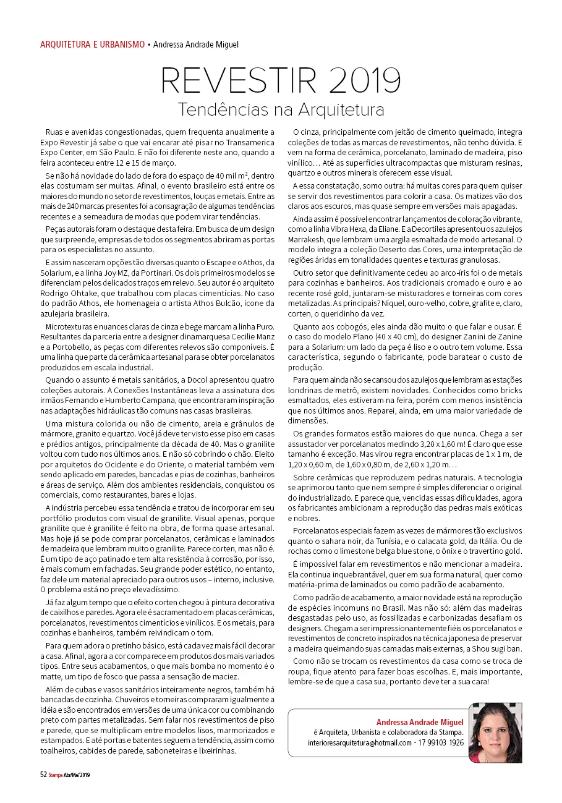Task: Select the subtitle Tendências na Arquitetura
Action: pyautogui.click(x=281, y=110)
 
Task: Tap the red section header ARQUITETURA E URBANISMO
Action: pyautogui.click(x=92, y=45)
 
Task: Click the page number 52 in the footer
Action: pyautogui.click(x=43, y=773)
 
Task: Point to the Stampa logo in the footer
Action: pyautogui.click(x=57, y=773)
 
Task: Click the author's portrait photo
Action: pyautogui.click(x=495, y=733)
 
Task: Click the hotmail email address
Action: pyautogui.click(x=360, y=742)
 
